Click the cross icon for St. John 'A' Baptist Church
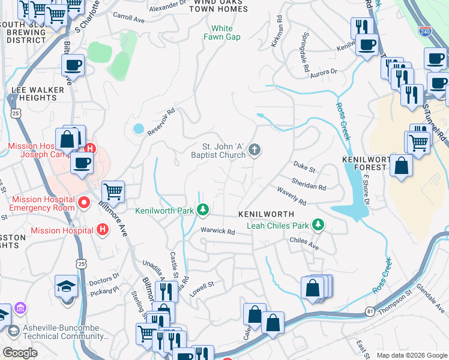(255, 150)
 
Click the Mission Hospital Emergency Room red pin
(84, 203)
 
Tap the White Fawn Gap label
(225, 32)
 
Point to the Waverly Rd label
(292, 195)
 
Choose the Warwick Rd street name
(217, 231)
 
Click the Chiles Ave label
(304, 241)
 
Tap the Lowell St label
(202, 287)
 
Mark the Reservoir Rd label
(162, 119)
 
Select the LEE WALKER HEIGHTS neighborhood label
(37, 94)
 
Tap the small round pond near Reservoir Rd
(139, 128)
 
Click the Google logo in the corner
(20, 353)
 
